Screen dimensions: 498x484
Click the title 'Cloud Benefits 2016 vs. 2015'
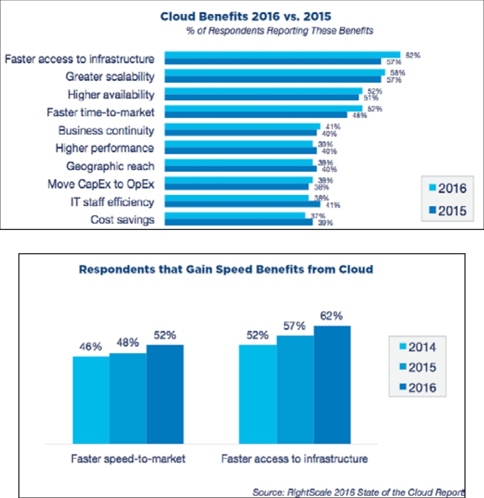[246, 17]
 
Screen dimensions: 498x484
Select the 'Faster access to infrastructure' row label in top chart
[79, 59]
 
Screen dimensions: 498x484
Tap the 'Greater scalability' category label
[110, 77]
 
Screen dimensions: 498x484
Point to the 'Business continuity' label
[106, 130]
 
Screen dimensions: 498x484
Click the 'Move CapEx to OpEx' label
[101, 184]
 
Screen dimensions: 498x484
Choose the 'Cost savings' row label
[122, 220]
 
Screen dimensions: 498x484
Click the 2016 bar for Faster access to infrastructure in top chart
[282, 55]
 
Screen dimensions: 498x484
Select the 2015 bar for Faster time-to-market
[256, 115]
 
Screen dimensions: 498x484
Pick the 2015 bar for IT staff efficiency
[242, 204]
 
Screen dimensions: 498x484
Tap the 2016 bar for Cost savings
[235, 216]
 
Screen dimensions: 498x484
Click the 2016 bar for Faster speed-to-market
[165, 395]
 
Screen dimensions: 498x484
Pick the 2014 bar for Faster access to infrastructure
[258, 395]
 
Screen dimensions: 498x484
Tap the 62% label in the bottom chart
[332, 317]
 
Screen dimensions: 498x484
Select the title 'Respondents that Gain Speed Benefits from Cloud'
[226, 269]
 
